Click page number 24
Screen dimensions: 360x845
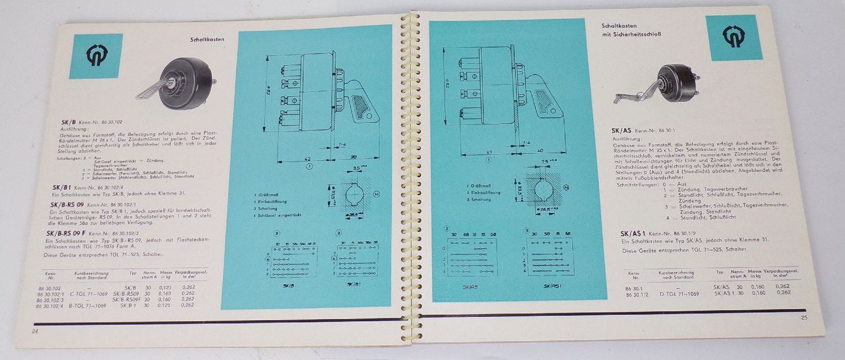35,331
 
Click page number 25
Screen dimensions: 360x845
804,317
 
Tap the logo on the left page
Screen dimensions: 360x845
96,55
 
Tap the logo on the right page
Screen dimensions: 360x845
733,37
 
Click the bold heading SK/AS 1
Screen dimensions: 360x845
635,233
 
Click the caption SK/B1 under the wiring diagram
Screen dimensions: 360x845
354,284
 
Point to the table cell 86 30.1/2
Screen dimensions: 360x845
637,293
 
